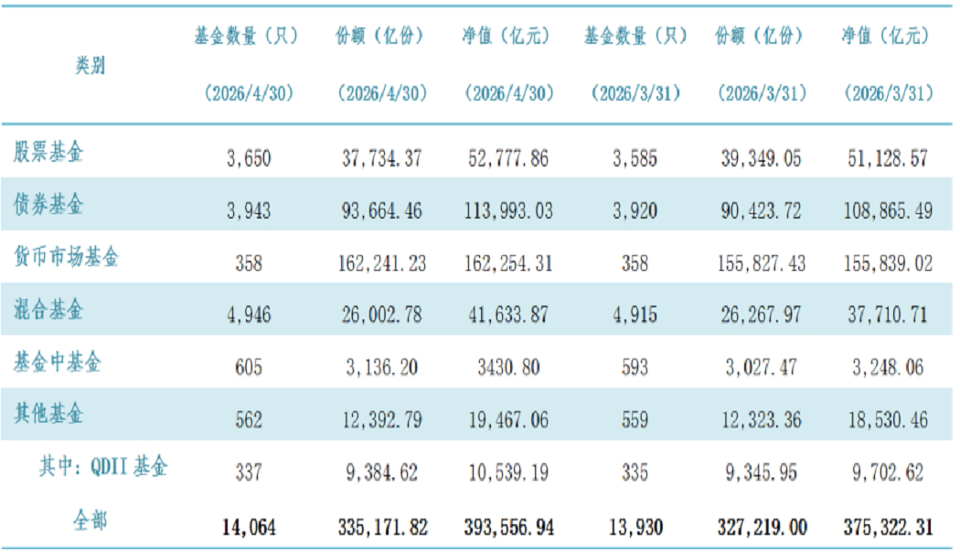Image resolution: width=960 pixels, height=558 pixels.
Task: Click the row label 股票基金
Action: [48, 151]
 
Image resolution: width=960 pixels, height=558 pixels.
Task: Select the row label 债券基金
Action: [48, 204]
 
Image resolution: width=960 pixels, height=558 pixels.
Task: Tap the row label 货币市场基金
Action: [66, 257]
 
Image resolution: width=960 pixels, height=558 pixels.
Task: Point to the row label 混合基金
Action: [48, 309]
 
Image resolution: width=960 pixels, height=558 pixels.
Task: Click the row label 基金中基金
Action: [58, 362]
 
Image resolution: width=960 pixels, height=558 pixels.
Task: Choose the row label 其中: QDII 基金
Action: [102, 467]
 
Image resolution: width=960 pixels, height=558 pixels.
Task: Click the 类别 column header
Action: [91, 65]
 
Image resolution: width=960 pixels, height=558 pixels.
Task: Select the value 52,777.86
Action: [508, 158]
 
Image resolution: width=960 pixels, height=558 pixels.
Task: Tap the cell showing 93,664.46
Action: [381, 211]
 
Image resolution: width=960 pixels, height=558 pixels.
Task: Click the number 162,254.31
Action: [508, 263]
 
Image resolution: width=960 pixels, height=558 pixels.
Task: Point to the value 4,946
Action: [249, 316]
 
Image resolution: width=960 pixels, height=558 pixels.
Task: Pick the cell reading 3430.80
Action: [508, 368]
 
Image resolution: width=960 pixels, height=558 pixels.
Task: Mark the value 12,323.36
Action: [761, 420]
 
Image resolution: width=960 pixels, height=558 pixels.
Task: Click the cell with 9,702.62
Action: [888, 472]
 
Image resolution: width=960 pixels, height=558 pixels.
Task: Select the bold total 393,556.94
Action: [508, 528]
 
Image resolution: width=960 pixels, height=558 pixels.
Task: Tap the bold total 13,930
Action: [635, 528]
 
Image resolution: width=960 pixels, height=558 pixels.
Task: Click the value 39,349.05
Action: [761, 158]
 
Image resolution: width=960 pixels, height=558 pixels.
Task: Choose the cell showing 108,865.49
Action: [888, 211]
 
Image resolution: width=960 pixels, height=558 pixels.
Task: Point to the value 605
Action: [249, 368]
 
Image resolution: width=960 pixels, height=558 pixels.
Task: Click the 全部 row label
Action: [91, 520]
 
